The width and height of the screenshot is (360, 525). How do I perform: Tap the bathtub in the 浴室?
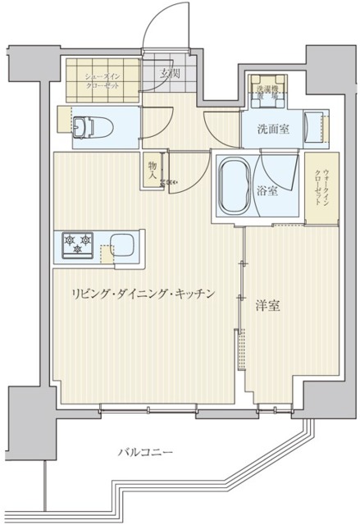[234, 186]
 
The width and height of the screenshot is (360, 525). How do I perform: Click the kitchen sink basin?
[123, 244]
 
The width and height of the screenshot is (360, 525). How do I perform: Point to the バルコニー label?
[144, 450]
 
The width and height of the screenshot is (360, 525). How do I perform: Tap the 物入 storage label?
[153, 169]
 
